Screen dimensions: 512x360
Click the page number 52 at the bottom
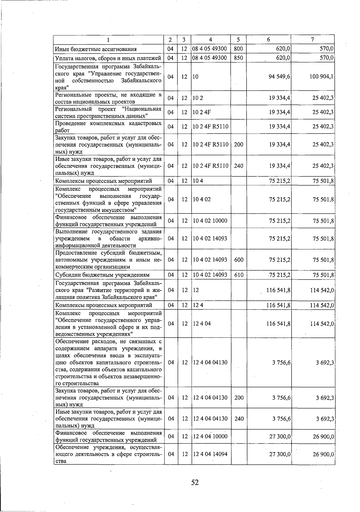click(x=195, y=482)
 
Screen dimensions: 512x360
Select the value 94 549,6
click(x=279, y=77)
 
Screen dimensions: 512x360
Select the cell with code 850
click(x=238, y=58)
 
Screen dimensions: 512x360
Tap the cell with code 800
click(x=238, y=49)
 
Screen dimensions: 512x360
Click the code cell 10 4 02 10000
click(x=210, y=221)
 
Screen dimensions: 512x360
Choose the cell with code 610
click(x=238, y=275)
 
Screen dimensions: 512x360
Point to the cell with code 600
click(x=238, y=260)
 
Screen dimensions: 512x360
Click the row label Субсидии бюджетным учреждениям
click(x=102, y=275)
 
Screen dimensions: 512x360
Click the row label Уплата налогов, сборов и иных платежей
click(x=108, y=58)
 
